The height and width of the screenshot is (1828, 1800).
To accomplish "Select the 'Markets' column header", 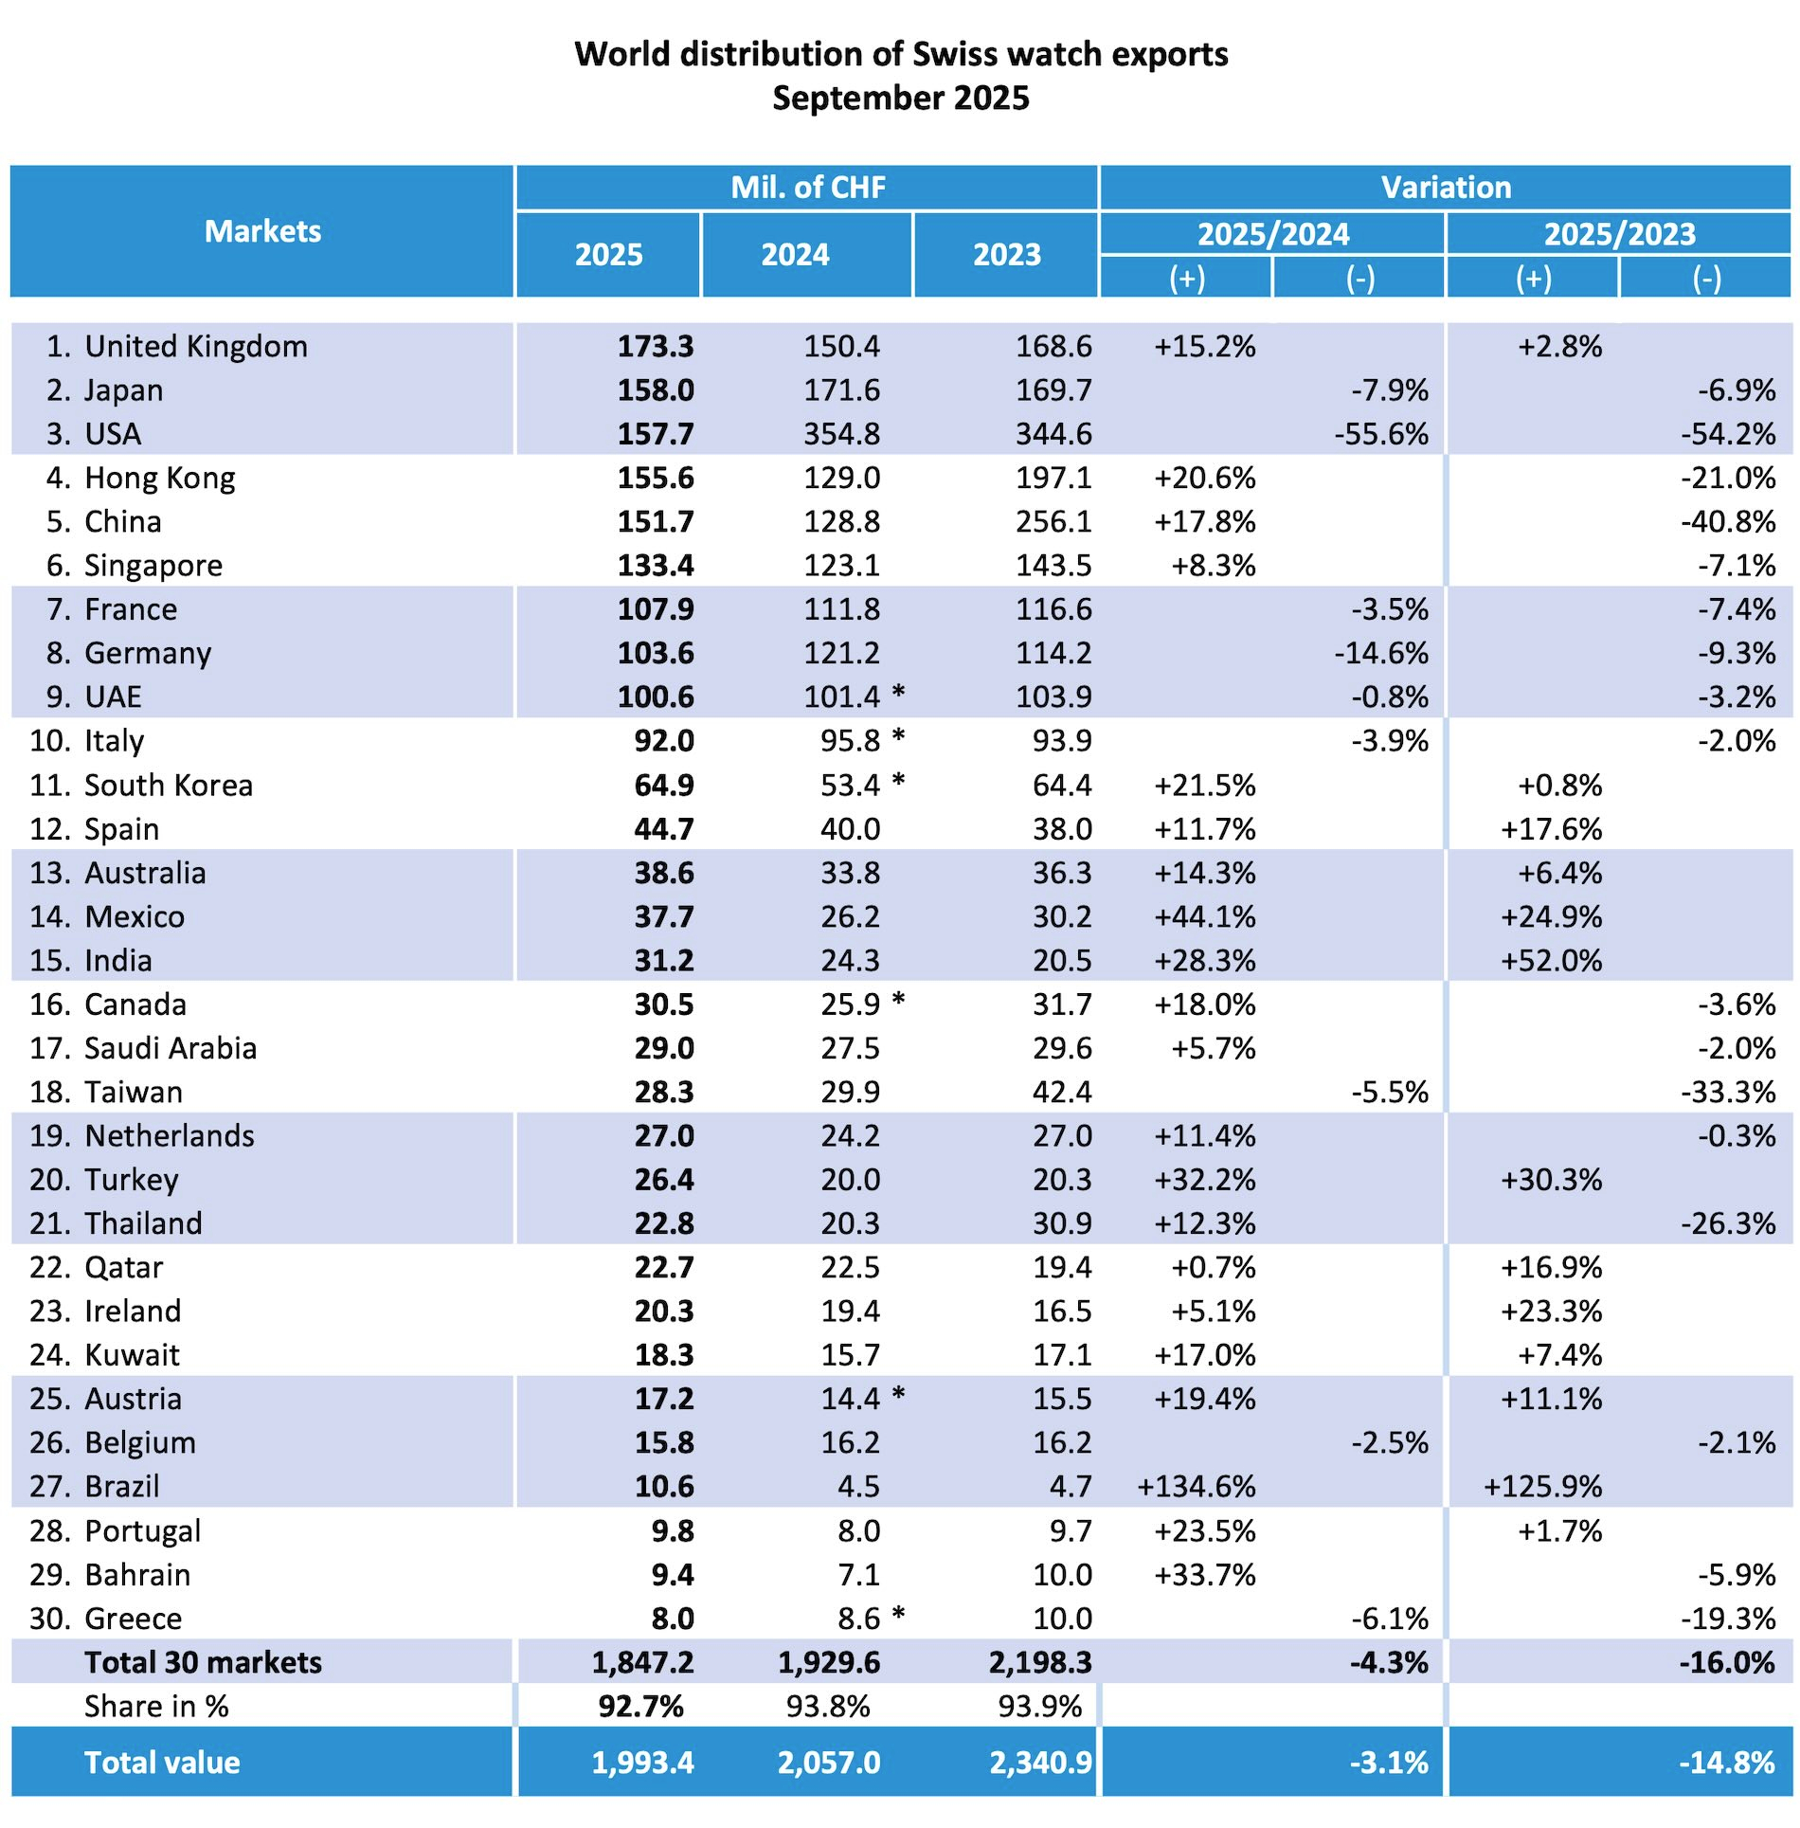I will coord(262,231).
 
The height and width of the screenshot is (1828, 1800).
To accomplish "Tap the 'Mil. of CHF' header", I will coord(807,187).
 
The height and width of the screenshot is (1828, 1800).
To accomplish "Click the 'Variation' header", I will coord(1445,187).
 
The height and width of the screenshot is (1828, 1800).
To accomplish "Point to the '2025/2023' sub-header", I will coord(1619,234).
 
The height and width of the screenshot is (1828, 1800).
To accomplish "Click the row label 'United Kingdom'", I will coord(195,346).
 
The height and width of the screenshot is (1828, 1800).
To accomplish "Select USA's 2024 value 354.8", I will coord(841,434).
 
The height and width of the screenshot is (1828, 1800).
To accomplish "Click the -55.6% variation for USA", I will coord(1380,434).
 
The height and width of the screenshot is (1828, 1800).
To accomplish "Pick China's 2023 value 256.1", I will coord(1053,521).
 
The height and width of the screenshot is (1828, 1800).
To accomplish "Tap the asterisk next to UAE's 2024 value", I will coord(898,694).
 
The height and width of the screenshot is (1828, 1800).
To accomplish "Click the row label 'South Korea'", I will coord(168,785).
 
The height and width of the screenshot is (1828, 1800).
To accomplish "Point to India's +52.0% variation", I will coord(1551,960).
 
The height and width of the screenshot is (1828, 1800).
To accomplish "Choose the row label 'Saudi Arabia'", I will coord(171,1048).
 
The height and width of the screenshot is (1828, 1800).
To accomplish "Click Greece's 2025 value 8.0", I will coord(673,1618).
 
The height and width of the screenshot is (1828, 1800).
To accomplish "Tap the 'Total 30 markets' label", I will coord(203,1662).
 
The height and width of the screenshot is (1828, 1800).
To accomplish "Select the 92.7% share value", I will coord(640,1706).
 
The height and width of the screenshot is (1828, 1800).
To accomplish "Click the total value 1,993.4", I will coord(642,1763).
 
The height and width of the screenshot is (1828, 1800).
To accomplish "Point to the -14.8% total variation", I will coord(1726,1763).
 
